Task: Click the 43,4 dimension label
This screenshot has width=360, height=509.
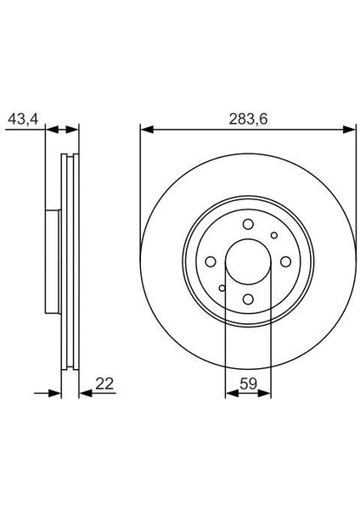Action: (23, 119)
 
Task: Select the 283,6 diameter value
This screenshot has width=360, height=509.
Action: (248, 119)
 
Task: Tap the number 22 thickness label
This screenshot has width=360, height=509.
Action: (104, 383)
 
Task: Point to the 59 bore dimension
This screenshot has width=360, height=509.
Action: (248, 383)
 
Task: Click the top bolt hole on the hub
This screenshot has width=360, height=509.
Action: (248, 224)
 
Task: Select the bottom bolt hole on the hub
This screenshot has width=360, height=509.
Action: (248, 299)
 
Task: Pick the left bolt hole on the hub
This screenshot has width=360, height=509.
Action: (211, 261)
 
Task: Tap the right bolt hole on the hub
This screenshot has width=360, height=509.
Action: (285, 261)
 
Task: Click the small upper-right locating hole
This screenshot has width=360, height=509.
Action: (274, 235)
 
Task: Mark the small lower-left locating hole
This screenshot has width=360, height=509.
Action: (222, 288)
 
